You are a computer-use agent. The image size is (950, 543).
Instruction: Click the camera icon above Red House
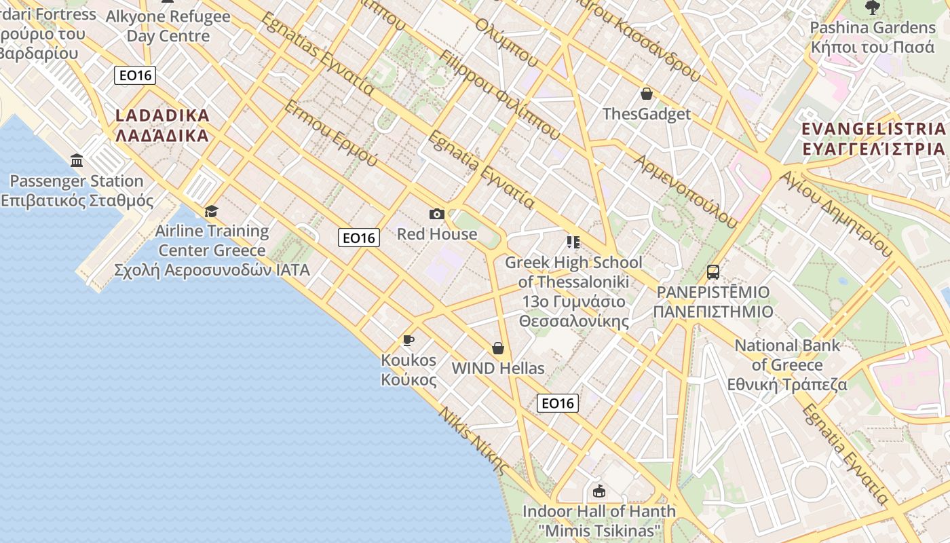click(437, 214)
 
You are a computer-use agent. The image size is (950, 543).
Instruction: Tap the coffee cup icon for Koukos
click(408, 340)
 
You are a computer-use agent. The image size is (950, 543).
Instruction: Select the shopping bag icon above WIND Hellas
click(498, 348)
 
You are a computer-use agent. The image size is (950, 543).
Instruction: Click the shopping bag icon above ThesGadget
click(647, 94)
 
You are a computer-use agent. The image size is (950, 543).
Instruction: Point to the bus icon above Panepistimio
click(712, 272)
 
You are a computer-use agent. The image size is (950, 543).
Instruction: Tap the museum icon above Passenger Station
click(77, 161)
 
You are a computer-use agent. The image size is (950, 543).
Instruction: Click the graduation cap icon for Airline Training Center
click(212, 211)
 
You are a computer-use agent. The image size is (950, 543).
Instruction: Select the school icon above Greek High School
click(573, 242)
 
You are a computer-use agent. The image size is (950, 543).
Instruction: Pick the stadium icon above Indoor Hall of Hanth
click(598, 491)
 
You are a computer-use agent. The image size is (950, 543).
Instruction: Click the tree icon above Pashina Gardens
click(872, 7)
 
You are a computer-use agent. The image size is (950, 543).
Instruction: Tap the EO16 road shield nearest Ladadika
click(135, 75)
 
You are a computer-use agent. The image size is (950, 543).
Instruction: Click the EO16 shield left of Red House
click(359, 238)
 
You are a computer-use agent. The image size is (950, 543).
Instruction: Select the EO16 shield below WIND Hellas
click(558, 403)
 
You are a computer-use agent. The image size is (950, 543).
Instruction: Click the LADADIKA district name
click(162, 126)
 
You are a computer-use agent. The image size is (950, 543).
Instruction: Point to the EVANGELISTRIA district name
click(873, 138)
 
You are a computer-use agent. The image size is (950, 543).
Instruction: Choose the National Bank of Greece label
click(787, 364)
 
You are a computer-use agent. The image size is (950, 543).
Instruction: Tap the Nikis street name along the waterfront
click(473, 439)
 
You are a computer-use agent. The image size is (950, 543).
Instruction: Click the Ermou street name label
click(330, 134)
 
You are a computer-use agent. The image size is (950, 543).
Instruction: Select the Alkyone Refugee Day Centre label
click(168, 26)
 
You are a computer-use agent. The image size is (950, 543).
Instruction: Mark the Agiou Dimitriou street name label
click(834, 213)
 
